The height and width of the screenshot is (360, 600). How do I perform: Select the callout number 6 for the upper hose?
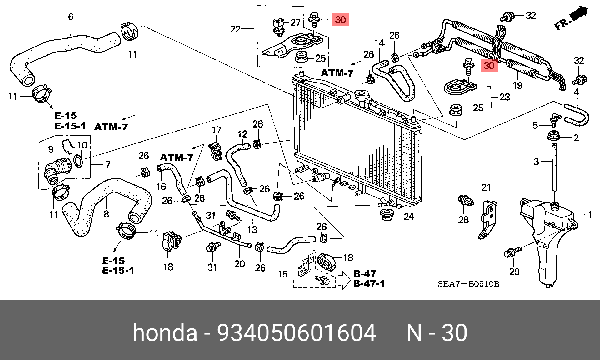pos(71,16)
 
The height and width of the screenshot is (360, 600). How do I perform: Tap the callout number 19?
pos(517,85)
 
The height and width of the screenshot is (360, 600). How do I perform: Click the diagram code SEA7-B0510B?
pos(468,284)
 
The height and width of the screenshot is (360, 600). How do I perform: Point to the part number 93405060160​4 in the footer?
pos(297,333)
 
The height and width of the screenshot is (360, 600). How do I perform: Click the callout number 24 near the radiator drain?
pos(409,216)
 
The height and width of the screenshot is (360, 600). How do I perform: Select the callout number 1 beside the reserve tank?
pos(590,215)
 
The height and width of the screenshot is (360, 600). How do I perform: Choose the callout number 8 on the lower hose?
pos(106,214)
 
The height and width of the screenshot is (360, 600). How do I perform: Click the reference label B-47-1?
pos(369,283)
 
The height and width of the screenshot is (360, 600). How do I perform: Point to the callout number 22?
pos(235,29)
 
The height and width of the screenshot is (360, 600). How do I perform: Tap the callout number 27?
pos(295,23)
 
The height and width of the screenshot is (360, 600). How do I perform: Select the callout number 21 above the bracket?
pos(486,187)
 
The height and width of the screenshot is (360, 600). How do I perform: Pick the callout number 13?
pos(252,230)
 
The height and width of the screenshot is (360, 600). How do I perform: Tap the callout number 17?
pos(217,130)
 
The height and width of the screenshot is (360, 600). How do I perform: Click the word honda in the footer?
pos(165,333)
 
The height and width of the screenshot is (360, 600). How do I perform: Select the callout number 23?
pos(505,97)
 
